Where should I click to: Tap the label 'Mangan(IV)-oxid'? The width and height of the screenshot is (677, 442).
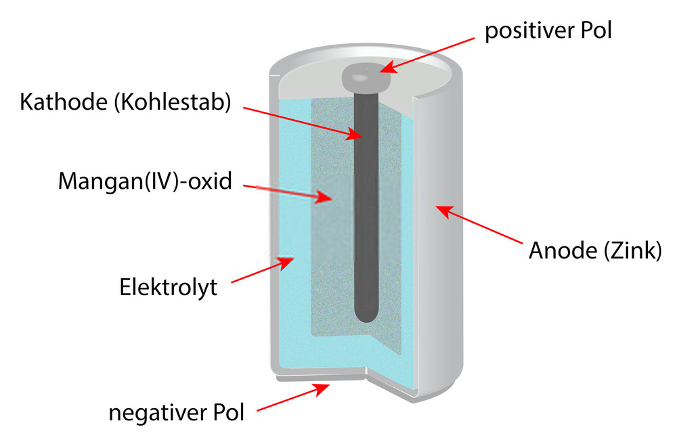coord(145,181)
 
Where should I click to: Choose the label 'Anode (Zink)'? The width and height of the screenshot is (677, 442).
coord(594,251)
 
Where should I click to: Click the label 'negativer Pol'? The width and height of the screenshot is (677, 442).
coord(176,412)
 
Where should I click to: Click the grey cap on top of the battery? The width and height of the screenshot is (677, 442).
coord(366,79)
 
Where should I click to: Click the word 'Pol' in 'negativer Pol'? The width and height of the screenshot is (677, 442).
coord(227,412)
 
